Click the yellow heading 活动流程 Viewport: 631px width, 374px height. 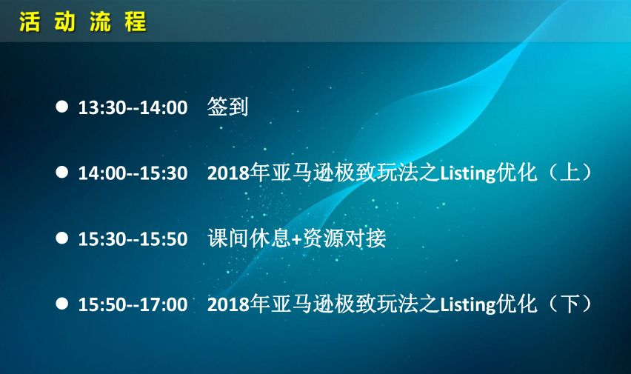(82, 21)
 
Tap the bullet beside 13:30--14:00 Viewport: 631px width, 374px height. (62, 107)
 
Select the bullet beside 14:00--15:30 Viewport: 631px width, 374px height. (62, 172)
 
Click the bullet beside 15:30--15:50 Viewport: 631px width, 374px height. (62, 238)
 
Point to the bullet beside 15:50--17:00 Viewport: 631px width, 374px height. (62, 303)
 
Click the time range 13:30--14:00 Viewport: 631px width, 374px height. (133, 108)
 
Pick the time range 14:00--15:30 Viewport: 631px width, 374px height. (133, 173)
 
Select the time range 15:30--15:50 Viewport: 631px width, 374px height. (133, 239)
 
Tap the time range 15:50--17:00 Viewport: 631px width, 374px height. (133, 305)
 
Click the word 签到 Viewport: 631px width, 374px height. (227, 107)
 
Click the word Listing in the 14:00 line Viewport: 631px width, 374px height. (467, 174)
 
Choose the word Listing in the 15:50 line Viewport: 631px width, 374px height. (467, 305)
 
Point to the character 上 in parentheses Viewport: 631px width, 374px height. (570, 173)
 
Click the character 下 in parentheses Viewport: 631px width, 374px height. (570, 304)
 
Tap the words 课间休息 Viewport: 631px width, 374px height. (249, 238)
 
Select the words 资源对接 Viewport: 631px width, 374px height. (344, 238)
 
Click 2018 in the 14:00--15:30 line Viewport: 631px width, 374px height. (228, 173)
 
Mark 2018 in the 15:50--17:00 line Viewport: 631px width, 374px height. (228, 305)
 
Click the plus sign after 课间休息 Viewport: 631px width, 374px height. (296, 239)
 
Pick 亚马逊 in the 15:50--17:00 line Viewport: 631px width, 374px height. (302, 304)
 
